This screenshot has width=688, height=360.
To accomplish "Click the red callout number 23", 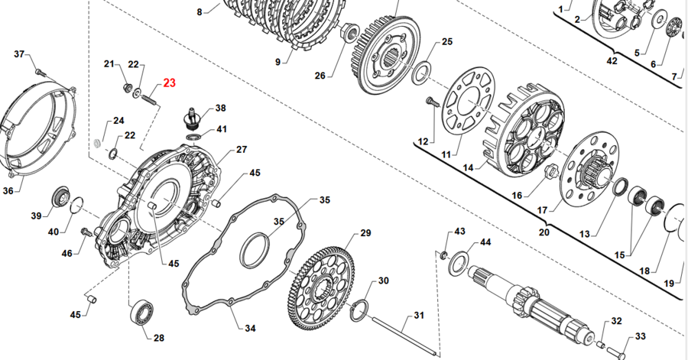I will [168, 83].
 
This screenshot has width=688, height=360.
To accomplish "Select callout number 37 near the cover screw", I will [20, 54].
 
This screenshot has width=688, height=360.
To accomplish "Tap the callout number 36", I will [8, 190].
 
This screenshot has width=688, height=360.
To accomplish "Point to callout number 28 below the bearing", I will [158, 338].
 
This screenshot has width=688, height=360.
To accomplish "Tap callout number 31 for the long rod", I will [418, 315].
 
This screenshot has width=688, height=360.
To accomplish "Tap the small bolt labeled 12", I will [430, 100].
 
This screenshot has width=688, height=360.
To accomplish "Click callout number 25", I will [447, 42].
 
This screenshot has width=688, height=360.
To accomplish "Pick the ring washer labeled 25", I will [419, 74].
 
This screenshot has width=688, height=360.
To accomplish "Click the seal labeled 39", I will [60, 196].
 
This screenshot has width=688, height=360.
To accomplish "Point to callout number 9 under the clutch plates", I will [277, 61].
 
